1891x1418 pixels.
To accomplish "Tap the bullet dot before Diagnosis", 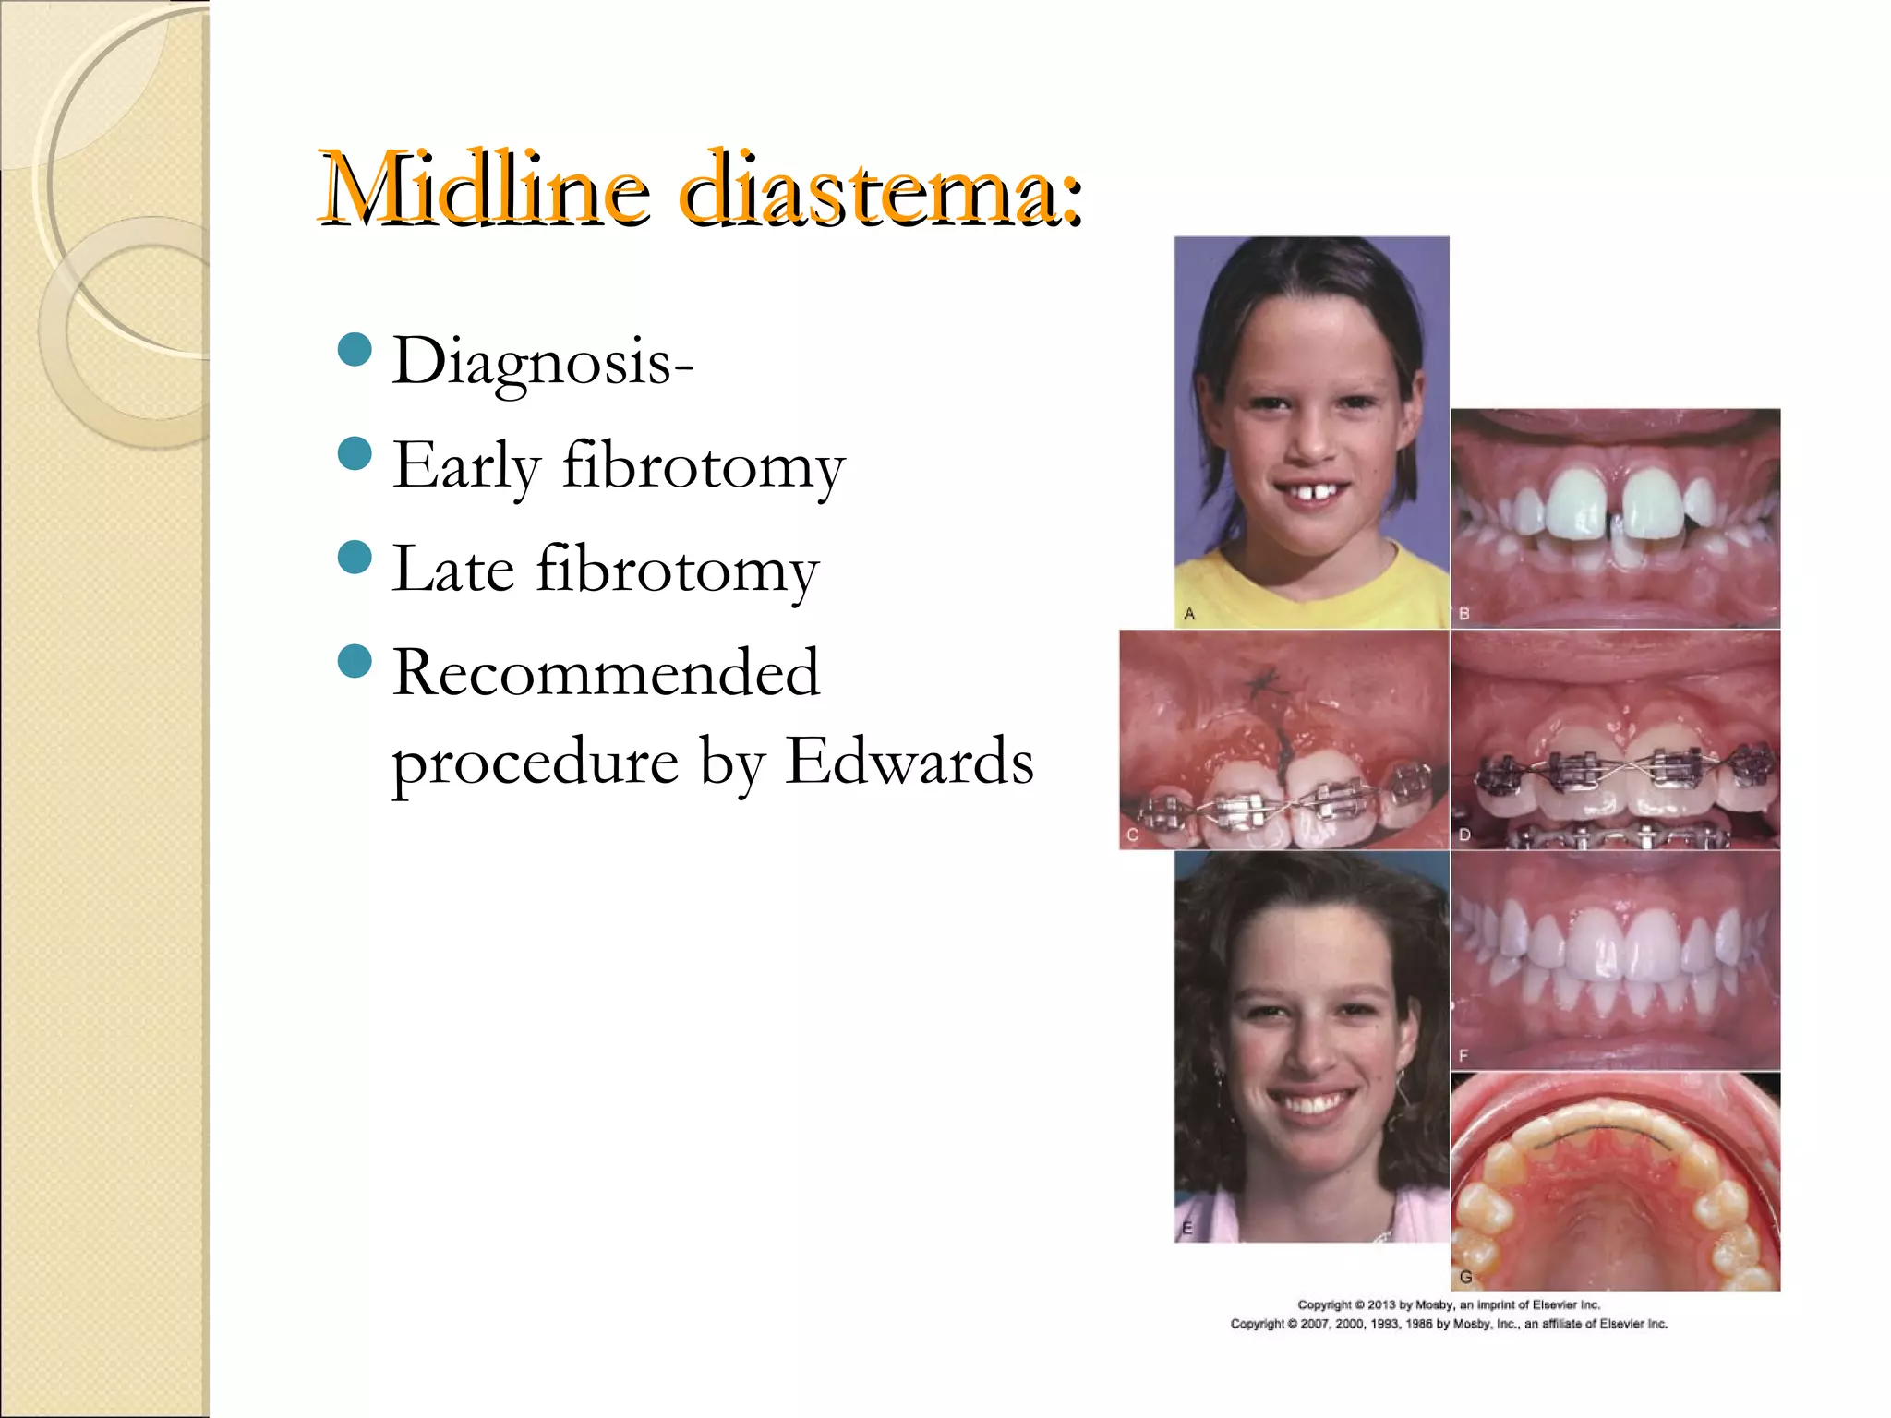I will pyautogui.click(x=355, y=350).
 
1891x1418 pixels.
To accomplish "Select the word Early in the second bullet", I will pyautogui.click(x=466, y=465).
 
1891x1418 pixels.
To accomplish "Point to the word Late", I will pyautogui.click(x=452, y=569).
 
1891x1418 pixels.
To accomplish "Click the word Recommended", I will pyautogui.click(x=606, y=672).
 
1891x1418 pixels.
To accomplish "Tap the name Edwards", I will pyautogui.click(x=909, y=762).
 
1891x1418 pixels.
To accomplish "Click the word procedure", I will pyautogui.click(x=536, y=763).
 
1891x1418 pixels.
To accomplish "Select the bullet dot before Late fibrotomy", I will pyautogui.click(x=355, y=557).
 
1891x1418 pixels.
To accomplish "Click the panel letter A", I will pyautogui.click(x=1189, y=613).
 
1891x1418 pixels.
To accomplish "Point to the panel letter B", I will pyautogui.click(x=1463, y=613).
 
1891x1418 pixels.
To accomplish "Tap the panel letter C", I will pyautogui.click(x=1133, y=835).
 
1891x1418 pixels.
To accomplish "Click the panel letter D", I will pyautogui.click(x=1464, y=835).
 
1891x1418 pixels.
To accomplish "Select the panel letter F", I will pyautogui.click(x=1463, y=1055).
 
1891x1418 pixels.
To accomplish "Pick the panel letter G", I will pyautogui.click(x=1465, y=1277).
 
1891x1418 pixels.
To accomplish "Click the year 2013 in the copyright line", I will pyautogui.click(x=1381, y=1304).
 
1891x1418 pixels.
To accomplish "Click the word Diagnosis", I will pyautogui.click(x=543, y=362).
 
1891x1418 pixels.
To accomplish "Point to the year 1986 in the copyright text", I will pyautogui.click(x=1419, y=1324).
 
